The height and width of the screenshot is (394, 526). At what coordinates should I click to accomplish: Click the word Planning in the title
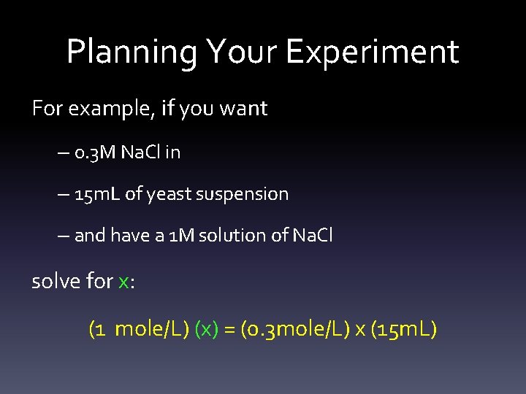point(131,53)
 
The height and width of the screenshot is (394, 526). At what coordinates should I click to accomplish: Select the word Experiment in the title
point(373,53)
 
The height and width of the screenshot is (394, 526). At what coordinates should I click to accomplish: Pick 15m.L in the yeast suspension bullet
point(99,194)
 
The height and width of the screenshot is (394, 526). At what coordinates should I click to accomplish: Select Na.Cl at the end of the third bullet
point(312,236)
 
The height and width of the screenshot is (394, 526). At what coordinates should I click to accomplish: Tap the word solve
point(53,281)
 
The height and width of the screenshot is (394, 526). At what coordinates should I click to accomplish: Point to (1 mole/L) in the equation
point(139,329)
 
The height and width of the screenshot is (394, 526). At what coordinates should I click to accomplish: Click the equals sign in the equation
point(230,330)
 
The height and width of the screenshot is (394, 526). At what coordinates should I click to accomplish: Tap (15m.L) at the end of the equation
point(404,329)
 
